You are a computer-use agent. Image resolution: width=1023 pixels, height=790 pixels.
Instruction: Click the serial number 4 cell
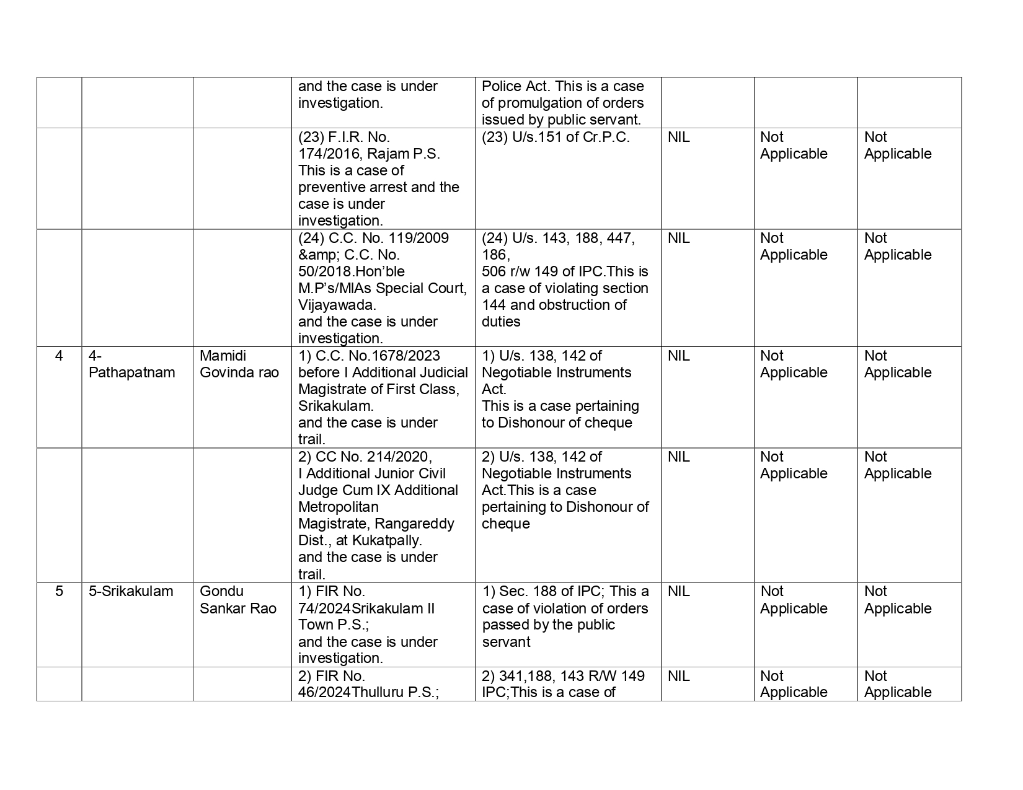pyautogui.click(x=59, y=356)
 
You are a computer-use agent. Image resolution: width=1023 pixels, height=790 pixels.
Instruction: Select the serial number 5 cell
pyautogui.click(x=59, y=592)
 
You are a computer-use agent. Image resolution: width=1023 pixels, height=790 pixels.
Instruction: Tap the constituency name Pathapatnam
pyautogui.click(x=131, y=373)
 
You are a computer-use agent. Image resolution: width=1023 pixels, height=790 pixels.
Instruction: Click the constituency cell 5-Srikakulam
pyautogui.click(x=131, y=592)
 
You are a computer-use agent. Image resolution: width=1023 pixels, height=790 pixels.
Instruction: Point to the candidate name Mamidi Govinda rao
pyautogui.click(x=239, y=364)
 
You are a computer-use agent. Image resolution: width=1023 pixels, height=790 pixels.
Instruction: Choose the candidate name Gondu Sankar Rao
pyautogui.click(x=237, y=600)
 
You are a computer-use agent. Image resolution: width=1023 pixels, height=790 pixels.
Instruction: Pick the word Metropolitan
pyautogui.click(x=338, y=507)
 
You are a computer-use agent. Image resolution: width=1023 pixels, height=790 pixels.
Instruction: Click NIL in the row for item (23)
pyautogui.click(x=678, y=138)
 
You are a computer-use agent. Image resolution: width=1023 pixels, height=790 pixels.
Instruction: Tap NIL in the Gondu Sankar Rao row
pyautogui.click(x=678, y=592)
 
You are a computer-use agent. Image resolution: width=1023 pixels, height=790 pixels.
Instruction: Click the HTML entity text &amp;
pyautogui.click(x=317, y=255)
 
